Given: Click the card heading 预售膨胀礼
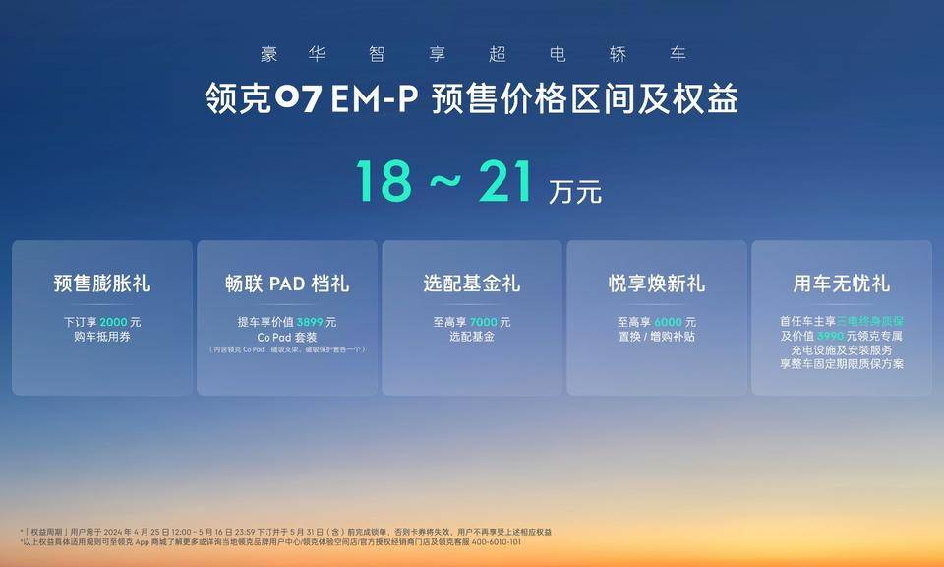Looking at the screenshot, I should (102, 283).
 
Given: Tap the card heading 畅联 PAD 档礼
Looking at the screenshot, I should (287, 283).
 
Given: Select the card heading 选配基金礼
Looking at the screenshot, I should (472, 283).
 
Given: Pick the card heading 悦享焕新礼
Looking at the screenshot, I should (657, 283).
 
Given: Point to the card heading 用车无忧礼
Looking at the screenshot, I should (842, 283).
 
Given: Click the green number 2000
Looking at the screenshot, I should (114, 322).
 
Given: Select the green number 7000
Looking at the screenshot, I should (484, 322).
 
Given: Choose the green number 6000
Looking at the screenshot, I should (668, 322).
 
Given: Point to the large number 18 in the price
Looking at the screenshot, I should (383, 181).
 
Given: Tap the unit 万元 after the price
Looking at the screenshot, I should (575, 192).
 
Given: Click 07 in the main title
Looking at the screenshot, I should (298, 98).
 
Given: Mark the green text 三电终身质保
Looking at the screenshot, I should (870, 322).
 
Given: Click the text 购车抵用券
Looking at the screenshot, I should (102, 337).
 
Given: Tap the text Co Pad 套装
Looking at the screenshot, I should (287, 337).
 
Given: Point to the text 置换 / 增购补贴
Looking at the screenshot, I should (657, 337).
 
